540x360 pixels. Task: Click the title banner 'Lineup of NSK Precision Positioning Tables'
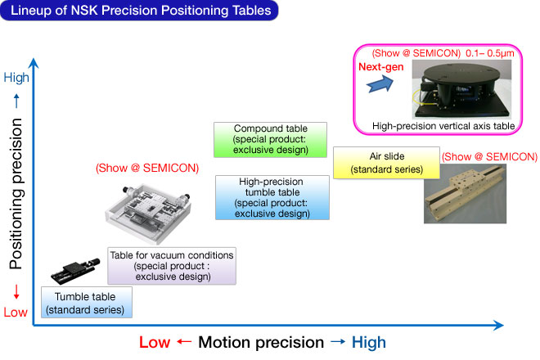(x=139, y=11)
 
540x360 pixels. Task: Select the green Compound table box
(x=270, y=140)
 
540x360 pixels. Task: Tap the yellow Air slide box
(x=386, y=163)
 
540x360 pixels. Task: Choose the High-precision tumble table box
(x=272, y=197)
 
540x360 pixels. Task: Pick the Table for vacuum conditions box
(x=172, y=266)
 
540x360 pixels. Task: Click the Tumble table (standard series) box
(x=87, y=302)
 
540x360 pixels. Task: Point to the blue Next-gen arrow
(x=380, y=83)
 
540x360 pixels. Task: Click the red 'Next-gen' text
(x=381, y=67)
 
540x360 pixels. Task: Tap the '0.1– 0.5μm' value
(x=490, y=53)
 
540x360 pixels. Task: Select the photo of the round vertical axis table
(x=461, y=89)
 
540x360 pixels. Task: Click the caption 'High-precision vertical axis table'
(x=443, y=126)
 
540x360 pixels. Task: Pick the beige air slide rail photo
(x=465, y=194)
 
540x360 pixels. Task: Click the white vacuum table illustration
(x=148, y=212)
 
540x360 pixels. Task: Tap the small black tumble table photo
(x=75, y=271)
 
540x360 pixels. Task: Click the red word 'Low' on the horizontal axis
(x=155, y=343)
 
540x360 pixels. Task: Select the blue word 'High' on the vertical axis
(x=16, y=78)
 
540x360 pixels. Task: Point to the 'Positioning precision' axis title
(x=16, y=194)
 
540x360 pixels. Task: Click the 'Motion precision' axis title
(x=261, y=343)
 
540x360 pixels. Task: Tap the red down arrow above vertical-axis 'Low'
(x=16, y=292)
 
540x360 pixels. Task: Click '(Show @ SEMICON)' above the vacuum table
(x=147, y=168)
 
